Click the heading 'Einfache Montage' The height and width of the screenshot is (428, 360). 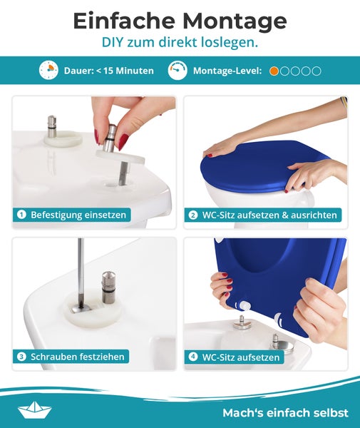(x=180, y=20)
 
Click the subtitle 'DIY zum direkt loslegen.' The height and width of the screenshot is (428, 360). (x=180, y=43)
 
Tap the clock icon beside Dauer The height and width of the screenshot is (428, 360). (x=48, y=71)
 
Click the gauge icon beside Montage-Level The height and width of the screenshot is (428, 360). (x=178, y=71)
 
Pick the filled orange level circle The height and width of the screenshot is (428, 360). (x=274, y=71)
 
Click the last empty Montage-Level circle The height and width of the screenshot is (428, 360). (x=317, y=71)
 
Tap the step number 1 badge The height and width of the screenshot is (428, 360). (x=21, y=214)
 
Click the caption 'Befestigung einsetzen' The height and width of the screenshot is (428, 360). (x=78, y=214)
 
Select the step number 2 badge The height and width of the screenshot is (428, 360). (x=192, y=214)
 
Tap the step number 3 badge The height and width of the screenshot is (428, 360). (x=21, y=356)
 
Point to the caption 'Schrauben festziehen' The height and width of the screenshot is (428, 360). (x=78, y=356)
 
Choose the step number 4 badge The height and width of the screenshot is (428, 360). (x=192, y=356)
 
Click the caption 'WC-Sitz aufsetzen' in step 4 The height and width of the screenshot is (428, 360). (x=241, y=356)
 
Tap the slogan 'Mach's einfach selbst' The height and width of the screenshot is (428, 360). (x=285, y=412)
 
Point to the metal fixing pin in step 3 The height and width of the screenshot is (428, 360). (x=108, y=285)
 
